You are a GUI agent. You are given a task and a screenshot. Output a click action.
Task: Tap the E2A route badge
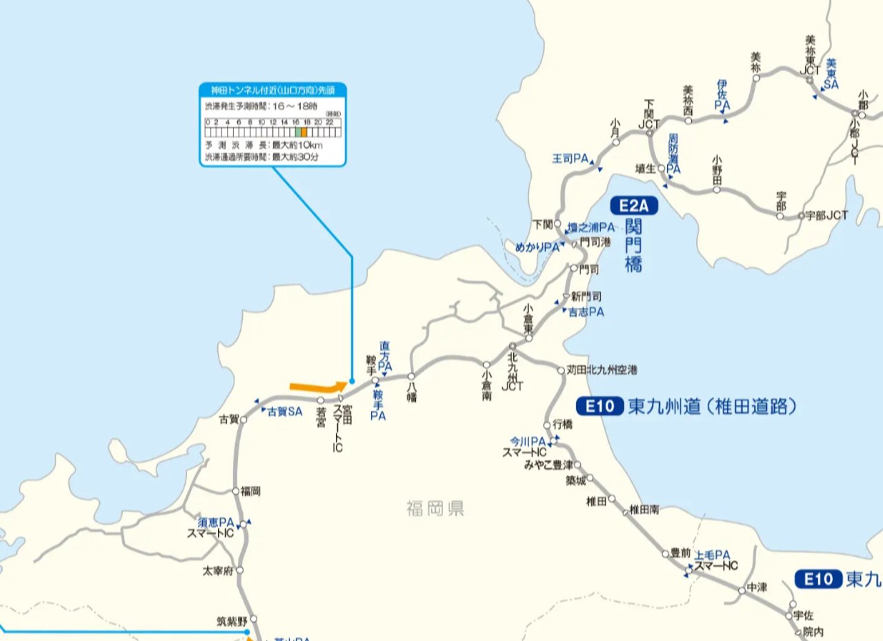tap(634, 205)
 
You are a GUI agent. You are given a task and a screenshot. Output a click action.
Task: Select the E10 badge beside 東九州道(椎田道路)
tap(600, 407)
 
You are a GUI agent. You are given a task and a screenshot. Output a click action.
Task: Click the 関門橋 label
tap(634, 245)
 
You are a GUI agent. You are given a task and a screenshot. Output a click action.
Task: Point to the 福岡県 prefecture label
tap(435, 509)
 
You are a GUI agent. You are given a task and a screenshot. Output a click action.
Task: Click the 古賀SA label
tap(285, 411)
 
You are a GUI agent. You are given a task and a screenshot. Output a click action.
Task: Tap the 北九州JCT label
tap(513, 372)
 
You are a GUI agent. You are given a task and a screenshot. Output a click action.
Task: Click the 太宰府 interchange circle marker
tap(239, 571)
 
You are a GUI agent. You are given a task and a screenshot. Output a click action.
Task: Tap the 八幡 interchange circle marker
tap(411, 377)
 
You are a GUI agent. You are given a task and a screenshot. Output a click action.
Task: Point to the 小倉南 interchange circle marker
tap(486, 365)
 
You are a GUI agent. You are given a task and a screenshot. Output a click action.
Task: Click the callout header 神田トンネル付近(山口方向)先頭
tap(273, 90)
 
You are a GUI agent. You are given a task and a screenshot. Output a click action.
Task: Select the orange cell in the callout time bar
tap(304, 132)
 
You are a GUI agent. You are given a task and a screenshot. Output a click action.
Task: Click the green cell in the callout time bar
tap(298, 132)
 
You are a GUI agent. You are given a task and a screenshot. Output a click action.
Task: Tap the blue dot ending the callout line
tap(352, 380)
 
